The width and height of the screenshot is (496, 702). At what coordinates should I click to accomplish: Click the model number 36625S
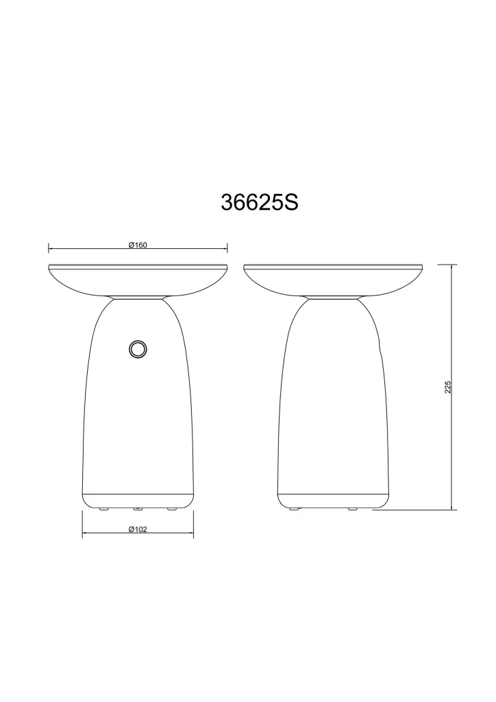[x=260, y=202]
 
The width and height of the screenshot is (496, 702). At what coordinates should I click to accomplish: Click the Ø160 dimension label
[x=138, y=245]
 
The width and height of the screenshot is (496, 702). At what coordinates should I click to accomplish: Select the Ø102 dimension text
[x=138, y=529]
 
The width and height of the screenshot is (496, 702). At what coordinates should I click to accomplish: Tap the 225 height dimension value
[x=447, y=387]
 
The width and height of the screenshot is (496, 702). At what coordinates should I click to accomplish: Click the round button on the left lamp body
[x=137, y=349]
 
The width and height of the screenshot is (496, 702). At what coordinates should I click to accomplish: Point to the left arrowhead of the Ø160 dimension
[x=51, y=247]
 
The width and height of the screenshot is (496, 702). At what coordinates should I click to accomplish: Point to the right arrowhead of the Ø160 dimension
[x=225, y=247]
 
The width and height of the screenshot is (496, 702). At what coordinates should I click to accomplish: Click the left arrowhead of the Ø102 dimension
[x=85, y=532]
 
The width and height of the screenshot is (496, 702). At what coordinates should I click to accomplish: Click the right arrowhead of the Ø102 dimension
[x=191, y=532]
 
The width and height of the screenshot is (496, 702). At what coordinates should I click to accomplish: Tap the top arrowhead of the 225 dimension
[x=454, y=267]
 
